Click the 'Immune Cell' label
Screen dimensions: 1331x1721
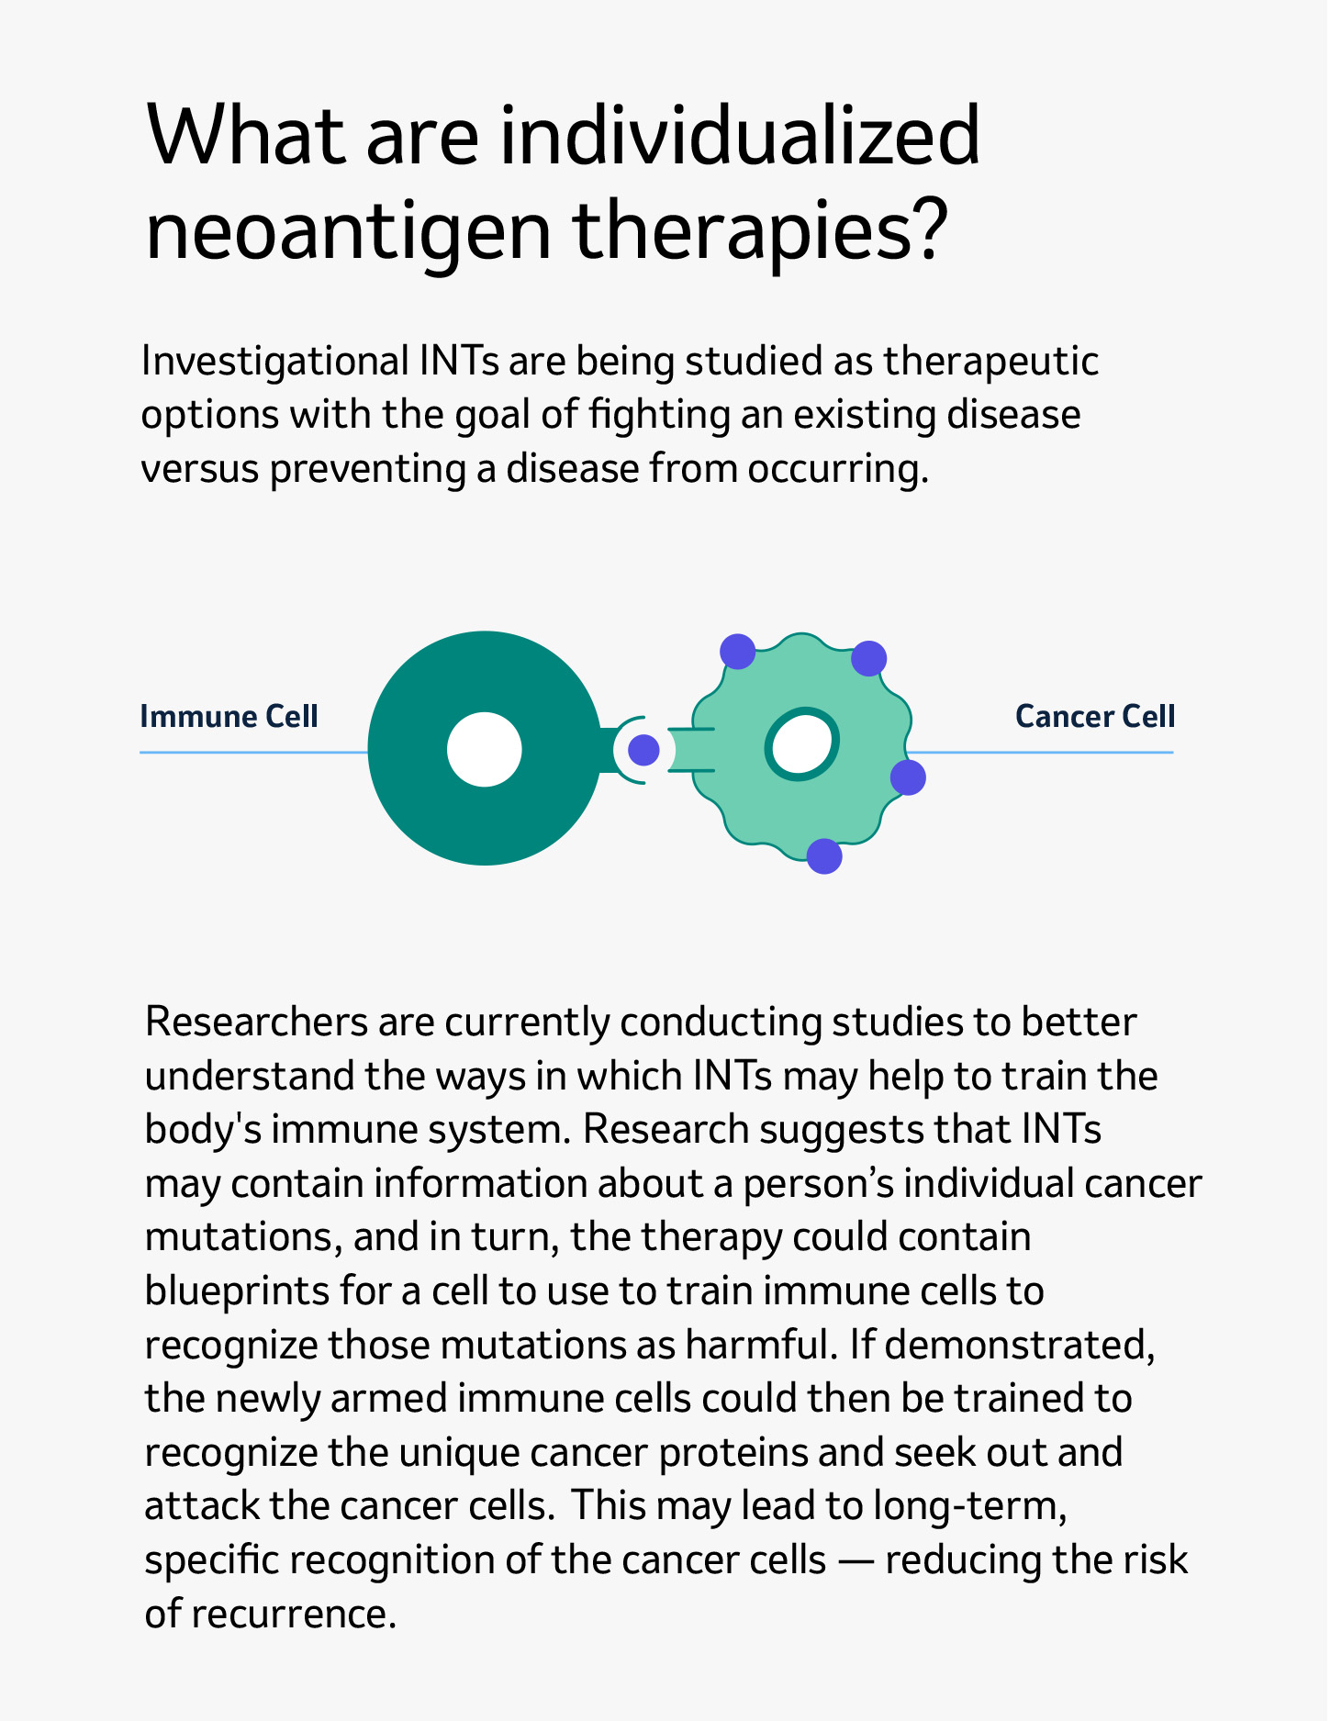tap(229, 716)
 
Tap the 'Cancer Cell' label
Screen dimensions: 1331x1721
tap(1095, 716)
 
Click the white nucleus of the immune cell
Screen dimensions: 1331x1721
tap(485, 749)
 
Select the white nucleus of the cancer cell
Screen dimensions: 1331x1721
tap(803, 744)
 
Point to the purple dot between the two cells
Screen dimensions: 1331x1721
tap(643, 750)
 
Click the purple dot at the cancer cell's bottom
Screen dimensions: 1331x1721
tap(824, 856)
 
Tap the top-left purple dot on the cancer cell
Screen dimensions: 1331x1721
tap(737, 652)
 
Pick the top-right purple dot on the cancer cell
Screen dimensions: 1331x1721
tap(868, 658)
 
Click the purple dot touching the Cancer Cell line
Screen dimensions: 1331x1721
tap(908, 777)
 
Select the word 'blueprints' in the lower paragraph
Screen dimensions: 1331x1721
tap(237, 1291)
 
